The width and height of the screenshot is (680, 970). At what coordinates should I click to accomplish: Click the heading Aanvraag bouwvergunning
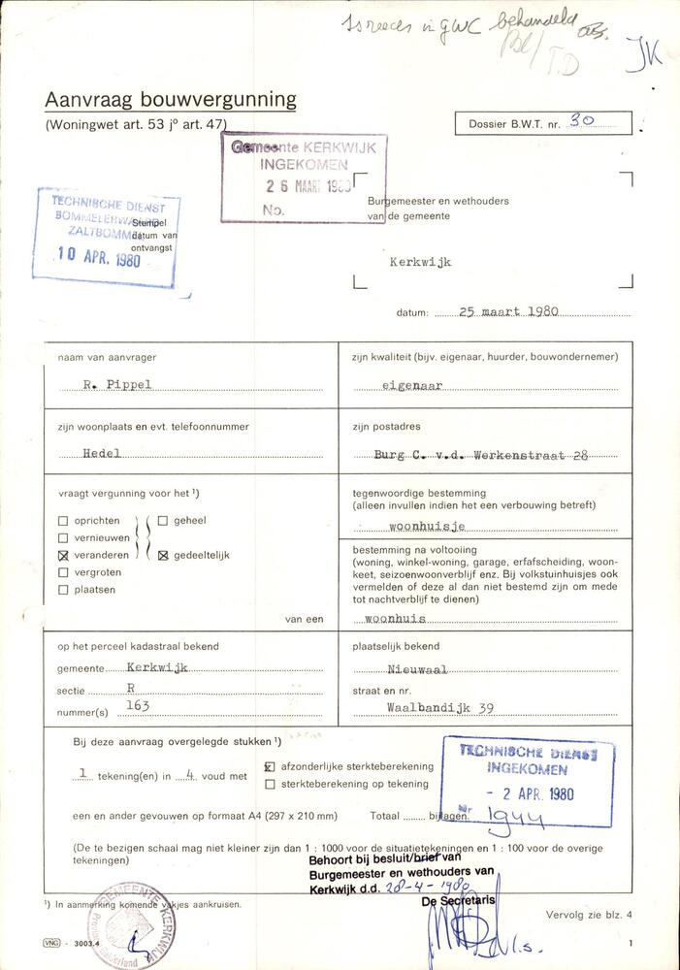171,99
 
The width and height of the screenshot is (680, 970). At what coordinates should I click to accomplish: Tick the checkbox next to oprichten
63,521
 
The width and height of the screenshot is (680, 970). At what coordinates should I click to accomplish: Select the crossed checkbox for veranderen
63,556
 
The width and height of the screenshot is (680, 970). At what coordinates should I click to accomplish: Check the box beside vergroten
63,573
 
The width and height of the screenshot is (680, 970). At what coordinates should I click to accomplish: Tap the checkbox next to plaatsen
63,590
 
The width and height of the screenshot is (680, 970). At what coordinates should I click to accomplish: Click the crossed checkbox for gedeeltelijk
163,556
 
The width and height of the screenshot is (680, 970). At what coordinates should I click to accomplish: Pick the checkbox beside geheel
163,521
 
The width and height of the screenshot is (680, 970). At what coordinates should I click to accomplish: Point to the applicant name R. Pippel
118,385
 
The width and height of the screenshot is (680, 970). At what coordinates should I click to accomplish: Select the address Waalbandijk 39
440,708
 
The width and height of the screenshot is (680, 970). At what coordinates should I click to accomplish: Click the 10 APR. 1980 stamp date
99,258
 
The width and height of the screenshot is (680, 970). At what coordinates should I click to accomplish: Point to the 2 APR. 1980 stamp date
530,794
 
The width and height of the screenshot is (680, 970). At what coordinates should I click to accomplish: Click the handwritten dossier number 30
582,120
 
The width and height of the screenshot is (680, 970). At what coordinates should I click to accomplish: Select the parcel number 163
138,705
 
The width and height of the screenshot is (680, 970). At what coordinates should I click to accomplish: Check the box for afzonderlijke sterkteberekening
270,766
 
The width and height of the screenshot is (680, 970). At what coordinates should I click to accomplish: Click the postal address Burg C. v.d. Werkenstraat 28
481,454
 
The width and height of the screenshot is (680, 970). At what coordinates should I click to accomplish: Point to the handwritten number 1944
515,820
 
